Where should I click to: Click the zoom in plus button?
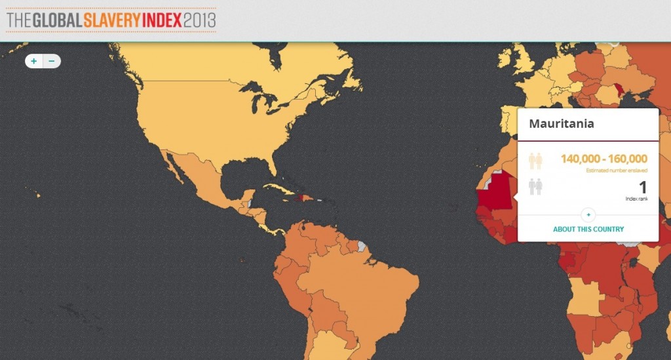pyautogui.click(x=34, y=61)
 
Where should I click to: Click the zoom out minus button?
pyautogui.click(x=52, y=61)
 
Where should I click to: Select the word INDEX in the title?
pyautogui.click(x=161, y=20)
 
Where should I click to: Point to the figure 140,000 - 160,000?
pyautogui.click(x=604, y=159)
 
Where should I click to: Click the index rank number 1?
pyautogui.click(x=643, y=188)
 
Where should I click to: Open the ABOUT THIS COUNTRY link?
pyautogui.click(x=588, y=230)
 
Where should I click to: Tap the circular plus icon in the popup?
pyautogui.click(x=588, y=214)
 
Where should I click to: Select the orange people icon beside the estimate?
pyautogui.click(x=535, y=161)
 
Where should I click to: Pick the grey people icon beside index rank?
pyautogui.click(x=535, y=186)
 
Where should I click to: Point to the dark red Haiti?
pyautogui.click(x=301, y=197)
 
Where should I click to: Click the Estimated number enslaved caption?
pyautogui.click(x=617, y=171)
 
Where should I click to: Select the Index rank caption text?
pyautogui.click(x=636, y=199)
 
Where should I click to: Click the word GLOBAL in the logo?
pyautogui.click(x=55, y=20)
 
